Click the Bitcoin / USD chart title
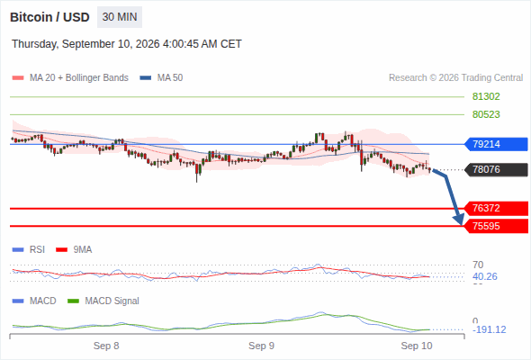click(49, 17)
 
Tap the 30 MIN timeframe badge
click(120, 17)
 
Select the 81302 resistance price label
click(486, 97)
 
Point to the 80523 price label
click(486, 114)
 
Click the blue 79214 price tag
click(496, 144)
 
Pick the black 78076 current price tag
click(496, 169)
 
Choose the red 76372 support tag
click(496, 208)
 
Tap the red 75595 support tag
click(496, 226)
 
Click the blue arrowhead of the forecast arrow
click(460, 220)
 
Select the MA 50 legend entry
click(161, 78)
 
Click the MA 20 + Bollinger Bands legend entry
click(70, 78)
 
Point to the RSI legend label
click(29, 249)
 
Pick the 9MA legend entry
click(74, 249)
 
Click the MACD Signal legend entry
click(103, 301)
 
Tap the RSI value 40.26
click(485, 276)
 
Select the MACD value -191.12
click(490, 329)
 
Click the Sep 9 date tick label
click(261, 346)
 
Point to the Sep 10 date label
click(417, 346)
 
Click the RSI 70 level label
click(478, 265)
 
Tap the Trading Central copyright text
click(455, 78)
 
